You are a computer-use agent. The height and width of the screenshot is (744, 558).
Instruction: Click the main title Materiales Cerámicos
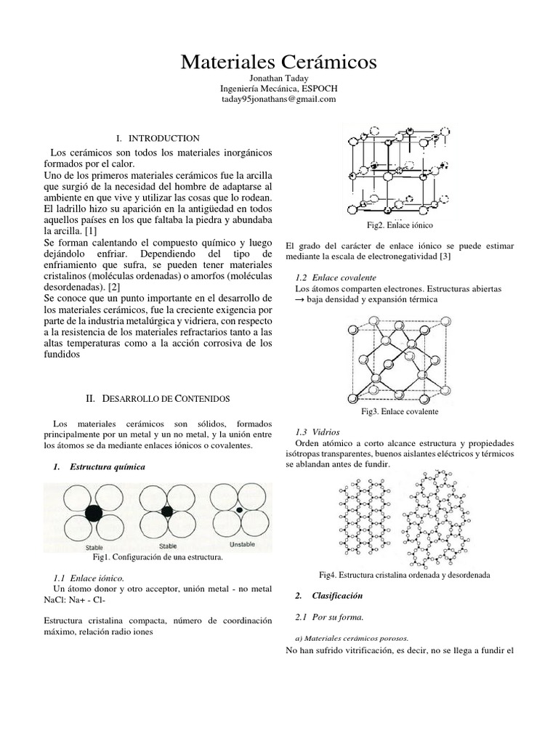(278, 62)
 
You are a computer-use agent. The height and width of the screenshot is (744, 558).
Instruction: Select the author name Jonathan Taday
(278, 78)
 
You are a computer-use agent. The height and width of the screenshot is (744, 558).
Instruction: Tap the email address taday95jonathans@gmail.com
(278, 100)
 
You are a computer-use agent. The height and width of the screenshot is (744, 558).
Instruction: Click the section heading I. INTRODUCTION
(158, 138)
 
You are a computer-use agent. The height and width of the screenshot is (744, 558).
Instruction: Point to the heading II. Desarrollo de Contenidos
(158, 399)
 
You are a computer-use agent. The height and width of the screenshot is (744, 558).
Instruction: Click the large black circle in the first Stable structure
(94, 513)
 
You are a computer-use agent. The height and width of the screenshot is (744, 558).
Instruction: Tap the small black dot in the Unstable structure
(239, 511)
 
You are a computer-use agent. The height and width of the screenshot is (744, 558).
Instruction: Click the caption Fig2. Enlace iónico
(400, 226)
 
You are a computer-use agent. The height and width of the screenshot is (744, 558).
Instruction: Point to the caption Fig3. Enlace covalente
(400, 412)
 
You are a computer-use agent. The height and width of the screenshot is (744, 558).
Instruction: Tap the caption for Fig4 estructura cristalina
(405, 575)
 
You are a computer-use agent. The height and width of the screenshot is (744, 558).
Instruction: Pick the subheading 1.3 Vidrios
(318, 432)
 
